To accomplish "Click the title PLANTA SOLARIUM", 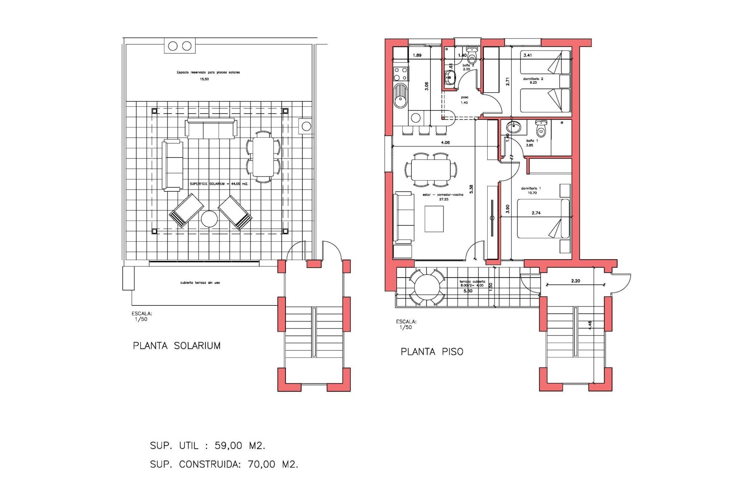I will (x=177, y=346).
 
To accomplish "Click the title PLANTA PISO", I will (x=432, y=352).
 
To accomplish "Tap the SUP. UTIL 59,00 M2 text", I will (x=207, y=445).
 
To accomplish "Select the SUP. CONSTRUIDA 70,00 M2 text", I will (x=224, y=464).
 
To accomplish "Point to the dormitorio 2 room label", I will (x=533, y=80).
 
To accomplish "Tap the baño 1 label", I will (x=531, y=143).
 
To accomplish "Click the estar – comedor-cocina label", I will (x=443, y=197).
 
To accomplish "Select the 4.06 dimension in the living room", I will (x=445, y=143).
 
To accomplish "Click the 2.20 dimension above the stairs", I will (x=575, y=281).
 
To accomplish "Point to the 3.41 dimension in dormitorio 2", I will (x=528, y=55).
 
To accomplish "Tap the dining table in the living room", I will (x=431, y=170).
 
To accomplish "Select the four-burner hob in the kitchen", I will (x=401, y=74).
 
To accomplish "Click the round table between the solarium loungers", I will (x=209, y=219).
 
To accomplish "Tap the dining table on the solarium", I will (x=263, y=157).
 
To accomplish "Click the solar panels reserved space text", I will (x=208, y=72).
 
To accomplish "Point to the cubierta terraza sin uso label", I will (x=200, y=283).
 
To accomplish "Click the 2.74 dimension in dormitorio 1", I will (x=536, y=213).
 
